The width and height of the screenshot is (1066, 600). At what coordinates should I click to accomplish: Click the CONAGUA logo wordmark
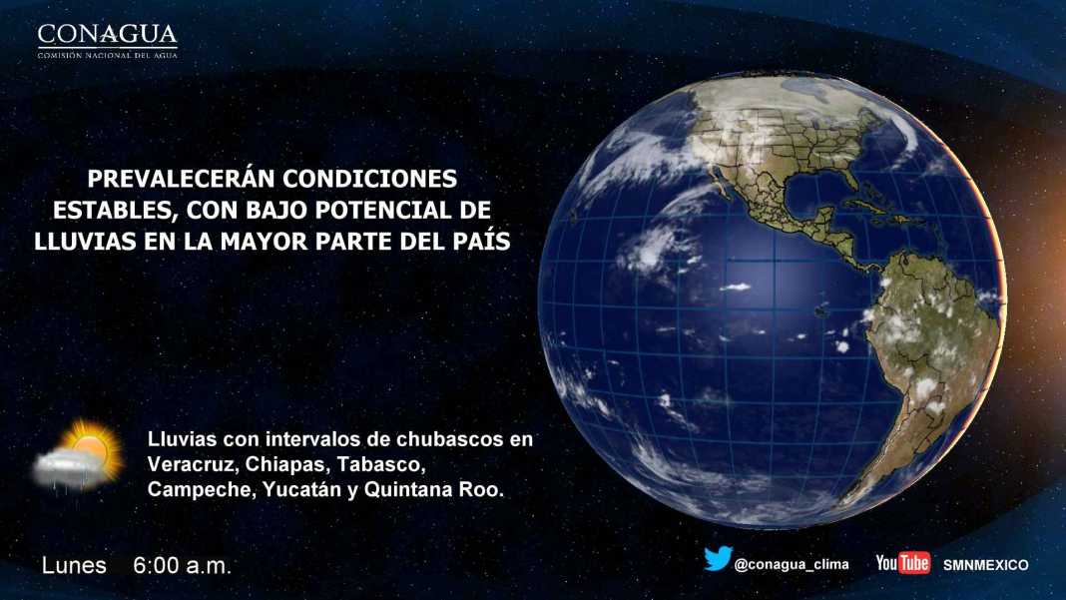(108, 34)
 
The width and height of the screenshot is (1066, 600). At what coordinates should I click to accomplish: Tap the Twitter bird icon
(718, 558)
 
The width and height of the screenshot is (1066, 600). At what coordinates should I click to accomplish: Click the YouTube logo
(903, 563)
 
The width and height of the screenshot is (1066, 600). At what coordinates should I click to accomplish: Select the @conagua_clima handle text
(792, 565)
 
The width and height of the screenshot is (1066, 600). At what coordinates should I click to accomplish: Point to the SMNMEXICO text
(986, 565)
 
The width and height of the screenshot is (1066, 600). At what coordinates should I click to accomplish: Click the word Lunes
(74, 565)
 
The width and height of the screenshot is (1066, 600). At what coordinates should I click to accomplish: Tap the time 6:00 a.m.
(183, 565)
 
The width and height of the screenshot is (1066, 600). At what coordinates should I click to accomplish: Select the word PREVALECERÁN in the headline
(180, 179)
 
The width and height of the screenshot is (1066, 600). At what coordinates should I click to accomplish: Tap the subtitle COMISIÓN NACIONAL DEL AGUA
(108, 55)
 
